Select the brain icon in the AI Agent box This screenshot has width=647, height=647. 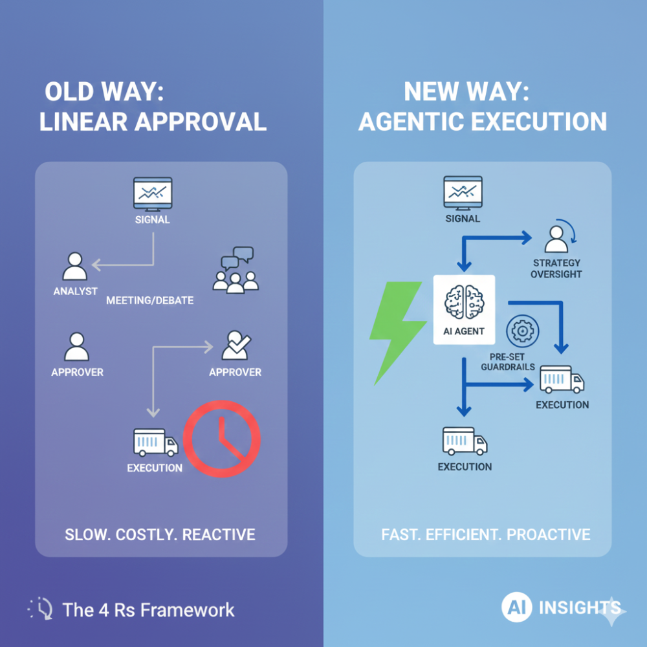(x=464, y=302)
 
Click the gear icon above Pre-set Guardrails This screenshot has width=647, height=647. (x=522, y=331)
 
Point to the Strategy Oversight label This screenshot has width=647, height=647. (x=556, y=269)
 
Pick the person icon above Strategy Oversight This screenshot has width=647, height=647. (x=556, y=239)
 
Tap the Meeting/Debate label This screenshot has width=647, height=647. (x=150, y=300)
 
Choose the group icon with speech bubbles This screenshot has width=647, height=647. (x=236, y=270)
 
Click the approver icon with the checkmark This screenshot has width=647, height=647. (x=236, y=345)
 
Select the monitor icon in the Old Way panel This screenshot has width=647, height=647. (x=153, y=194)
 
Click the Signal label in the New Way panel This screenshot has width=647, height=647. (x=463, y=219)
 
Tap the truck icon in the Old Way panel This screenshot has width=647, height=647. (x=155, y=443)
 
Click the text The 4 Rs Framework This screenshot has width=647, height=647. (x=149, y=610)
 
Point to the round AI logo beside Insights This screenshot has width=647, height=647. (x=516, y=607)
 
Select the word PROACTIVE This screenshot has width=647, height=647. (x=549, y=535)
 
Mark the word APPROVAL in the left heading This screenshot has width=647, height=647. (x=201, y=122)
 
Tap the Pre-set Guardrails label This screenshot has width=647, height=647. (x=507, y=362)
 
